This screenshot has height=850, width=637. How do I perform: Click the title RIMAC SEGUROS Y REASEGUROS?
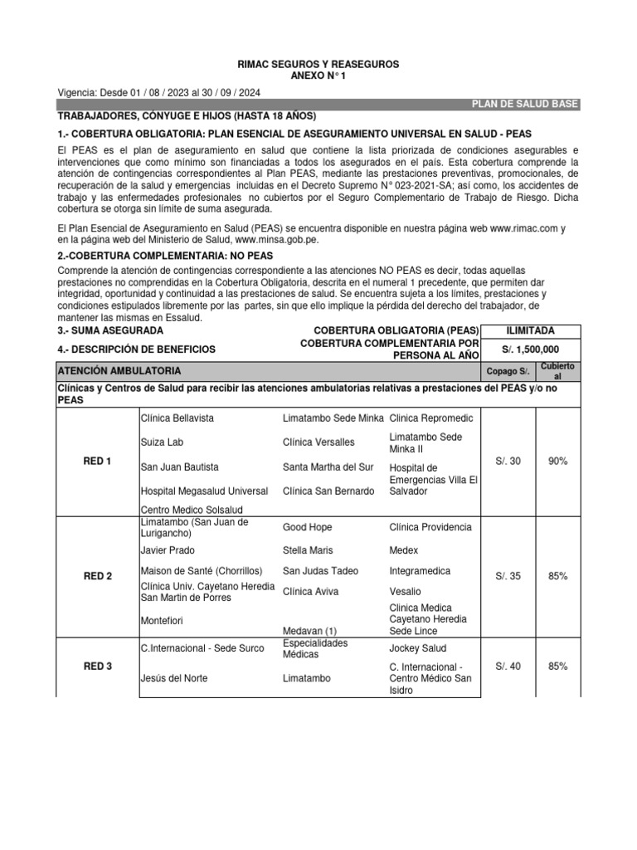pyautogui.click(x=319, y=63)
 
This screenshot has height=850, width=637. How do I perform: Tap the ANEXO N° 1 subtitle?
pyautogui.click(x=319, y=75)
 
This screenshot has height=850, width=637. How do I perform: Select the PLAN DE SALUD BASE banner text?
pyautogui.click(x=524, y=104)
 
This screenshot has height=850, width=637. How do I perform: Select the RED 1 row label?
pyautogui.click(x=97, y=461)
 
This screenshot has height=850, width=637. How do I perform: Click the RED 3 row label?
pyautogui.click(x=97, y=666)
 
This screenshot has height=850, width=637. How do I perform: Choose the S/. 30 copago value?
pyautogui.click(x=508, y=461)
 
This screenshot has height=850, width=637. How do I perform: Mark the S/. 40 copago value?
pyautogui.click(x=508, y=666)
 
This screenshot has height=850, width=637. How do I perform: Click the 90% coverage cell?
pyautogui.click(x=557, y=461)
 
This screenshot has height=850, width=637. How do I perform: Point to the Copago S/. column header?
pyautogui.click(x=508, y=370)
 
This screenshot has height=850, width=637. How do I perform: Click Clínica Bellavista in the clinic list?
pyautogui.click(x=177, y=418)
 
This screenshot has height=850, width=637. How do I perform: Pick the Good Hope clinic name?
pyautogui.click(x=308, y=527)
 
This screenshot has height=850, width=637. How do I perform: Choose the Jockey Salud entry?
pyautogui.click(x=417, y=647)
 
